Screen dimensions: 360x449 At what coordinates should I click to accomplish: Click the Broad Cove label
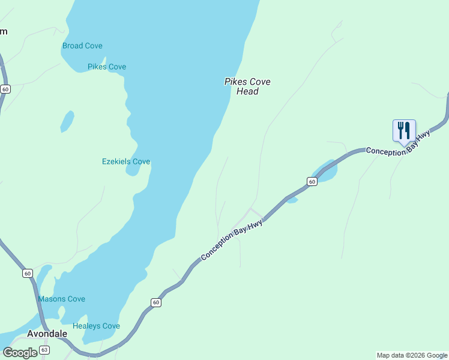point(82,46)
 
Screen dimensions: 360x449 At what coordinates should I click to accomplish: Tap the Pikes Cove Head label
point(247,86)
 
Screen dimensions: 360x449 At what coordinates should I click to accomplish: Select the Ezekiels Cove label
point(125,161)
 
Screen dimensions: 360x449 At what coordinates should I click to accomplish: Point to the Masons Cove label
point(61,299)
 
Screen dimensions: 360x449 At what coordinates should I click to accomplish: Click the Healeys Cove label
point(96,326)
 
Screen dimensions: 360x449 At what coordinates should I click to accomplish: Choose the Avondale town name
point(47,334)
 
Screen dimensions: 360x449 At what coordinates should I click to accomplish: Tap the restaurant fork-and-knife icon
point(404,130)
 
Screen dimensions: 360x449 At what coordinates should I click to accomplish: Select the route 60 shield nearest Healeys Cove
point(156,302)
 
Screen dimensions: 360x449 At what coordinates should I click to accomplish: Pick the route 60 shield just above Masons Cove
point(28,273)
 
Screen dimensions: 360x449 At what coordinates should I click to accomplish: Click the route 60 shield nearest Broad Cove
point(5,89)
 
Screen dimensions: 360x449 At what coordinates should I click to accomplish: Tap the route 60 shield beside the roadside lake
point(312,181)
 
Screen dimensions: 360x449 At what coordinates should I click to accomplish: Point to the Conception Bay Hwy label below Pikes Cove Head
point(232,240)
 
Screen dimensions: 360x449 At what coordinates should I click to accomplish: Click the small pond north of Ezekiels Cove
point(67,121)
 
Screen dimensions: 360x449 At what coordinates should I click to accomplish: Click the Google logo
point(20,353)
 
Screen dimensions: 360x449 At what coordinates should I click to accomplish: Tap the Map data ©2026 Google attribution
point(412,355)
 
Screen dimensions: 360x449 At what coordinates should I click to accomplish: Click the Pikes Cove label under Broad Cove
point(107,67)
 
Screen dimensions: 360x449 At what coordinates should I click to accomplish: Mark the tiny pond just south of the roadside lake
point(292,200)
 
